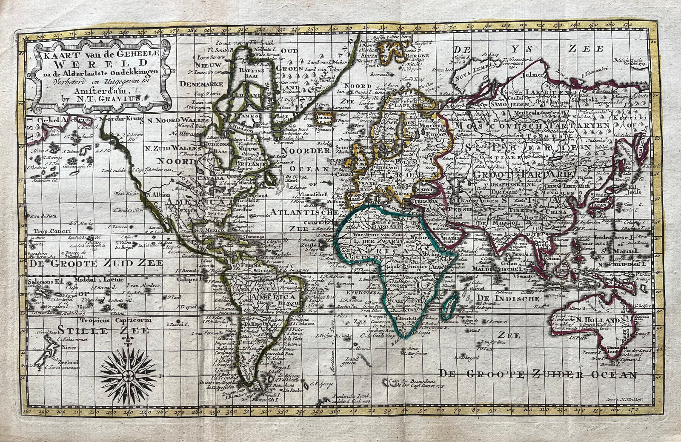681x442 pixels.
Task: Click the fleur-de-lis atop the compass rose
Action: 127,341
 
